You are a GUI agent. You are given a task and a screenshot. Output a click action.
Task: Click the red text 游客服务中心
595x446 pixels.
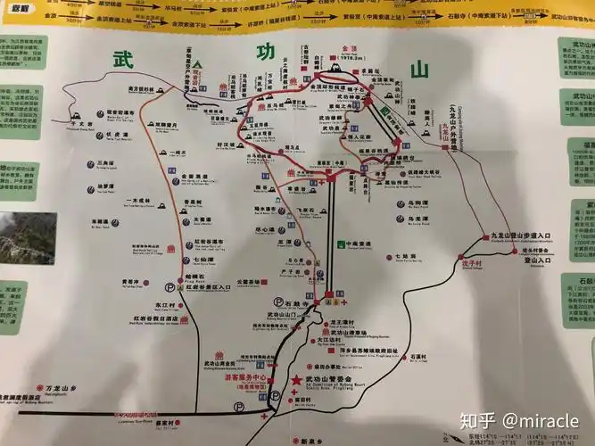pos(246,376)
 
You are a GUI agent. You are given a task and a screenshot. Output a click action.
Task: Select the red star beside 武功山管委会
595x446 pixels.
pos(296,381)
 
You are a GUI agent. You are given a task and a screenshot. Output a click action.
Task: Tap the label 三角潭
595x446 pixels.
pos(106,163)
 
